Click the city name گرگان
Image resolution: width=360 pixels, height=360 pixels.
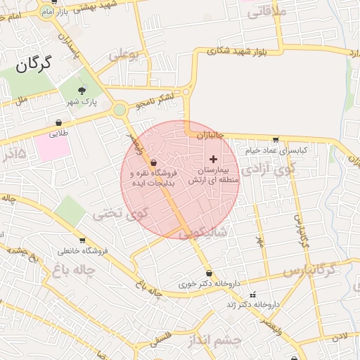coord(33,65)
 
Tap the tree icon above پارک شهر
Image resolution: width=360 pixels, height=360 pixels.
coord(82,91)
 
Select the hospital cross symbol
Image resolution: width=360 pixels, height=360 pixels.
coord(214,160)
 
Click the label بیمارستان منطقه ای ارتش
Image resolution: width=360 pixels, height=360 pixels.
coord(214,176)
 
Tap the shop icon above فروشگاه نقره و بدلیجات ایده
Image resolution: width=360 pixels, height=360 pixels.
coord(153,162)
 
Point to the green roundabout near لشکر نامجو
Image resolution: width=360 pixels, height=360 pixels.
coord(120,109)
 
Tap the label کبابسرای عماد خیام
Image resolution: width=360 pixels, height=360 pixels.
coord(277,150)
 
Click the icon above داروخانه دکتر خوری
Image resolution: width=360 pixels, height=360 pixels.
coord(209,274)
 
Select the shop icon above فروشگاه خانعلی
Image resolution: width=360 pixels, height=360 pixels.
coord(82,240)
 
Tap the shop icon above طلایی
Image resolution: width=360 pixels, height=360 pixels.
coord(58,123)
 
